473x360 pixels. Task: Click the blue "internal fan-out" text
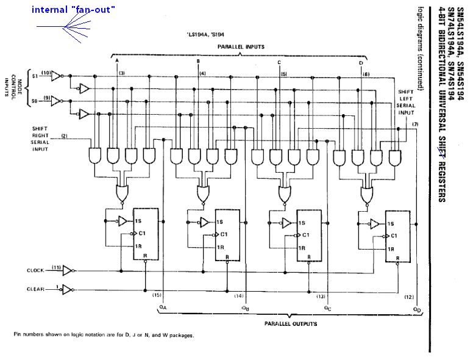coord(73,10)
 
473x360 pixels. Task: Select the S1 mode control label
coord(35,76)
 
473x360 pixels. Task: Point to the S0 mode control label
coord(35,99)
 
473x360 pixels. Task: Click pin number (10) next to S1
coord(46,73)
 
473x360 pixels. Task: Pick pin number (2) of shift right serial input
coord(64,135)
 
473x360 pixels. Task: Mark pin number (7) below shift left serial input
coord(414,124)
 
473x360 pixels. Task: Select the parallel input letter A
coord(116,61)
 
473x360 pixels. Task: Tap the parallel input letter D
coord(360,63)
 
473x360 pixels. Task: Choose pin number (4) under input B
coord(202,74)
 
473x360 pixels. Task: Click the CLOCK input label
coord(35,270)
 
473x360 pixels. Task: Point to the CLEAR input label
coord(35,289)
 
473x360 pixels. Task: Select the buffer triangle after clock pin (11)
coord(68,269)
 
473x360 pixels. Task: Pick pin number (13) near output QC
coord(319,296)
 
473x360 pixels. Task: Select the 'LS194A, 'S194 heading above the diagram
coord(206,35)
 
